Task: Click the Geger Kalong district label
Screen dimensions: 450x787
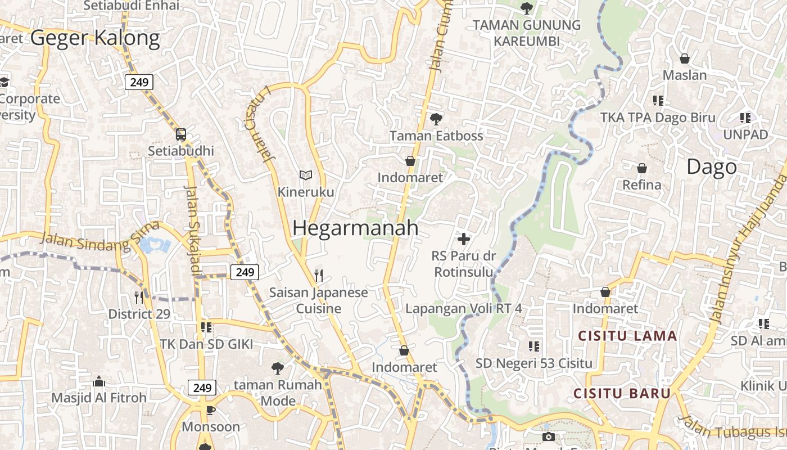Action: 95,38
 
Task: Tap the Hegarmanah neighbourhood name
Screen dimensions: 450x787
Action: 355,228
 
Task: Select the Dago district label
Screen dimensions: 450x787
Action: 711,167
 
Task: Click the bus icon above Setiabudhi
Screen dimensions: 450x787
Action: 181,134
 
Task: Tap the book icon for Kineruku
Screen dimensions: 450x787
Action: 305,175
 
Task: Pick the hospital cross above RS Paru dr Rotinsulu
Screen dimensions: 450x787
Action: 463,239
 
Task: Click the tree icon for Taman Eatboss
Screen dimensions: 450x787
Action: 435,119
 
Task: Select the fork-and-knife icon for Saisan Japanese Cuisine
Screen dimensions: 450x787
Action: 318,275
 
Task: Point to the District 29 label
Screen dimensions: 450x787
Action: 139,314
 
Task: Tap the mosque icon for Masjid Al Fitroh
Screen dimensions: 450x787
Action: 99,381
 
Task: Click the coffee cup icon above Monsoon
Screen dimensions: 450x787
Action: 210,410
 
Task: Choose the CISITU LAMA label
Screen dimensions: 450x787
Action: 627,336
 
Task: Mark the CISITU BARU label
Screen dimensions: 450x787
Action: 622,393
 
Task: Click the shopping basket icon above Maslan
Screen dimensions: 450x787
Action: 685,58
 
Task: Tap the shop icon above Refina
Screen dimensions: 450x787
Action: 641,168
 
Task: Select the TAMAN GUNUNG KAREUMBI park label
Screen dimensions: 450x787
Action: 527,33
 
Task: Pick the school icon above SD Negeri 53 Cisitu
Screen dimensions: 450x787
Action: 533,346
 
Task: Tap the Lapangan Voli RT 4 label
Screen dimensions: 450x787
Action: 464,308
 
